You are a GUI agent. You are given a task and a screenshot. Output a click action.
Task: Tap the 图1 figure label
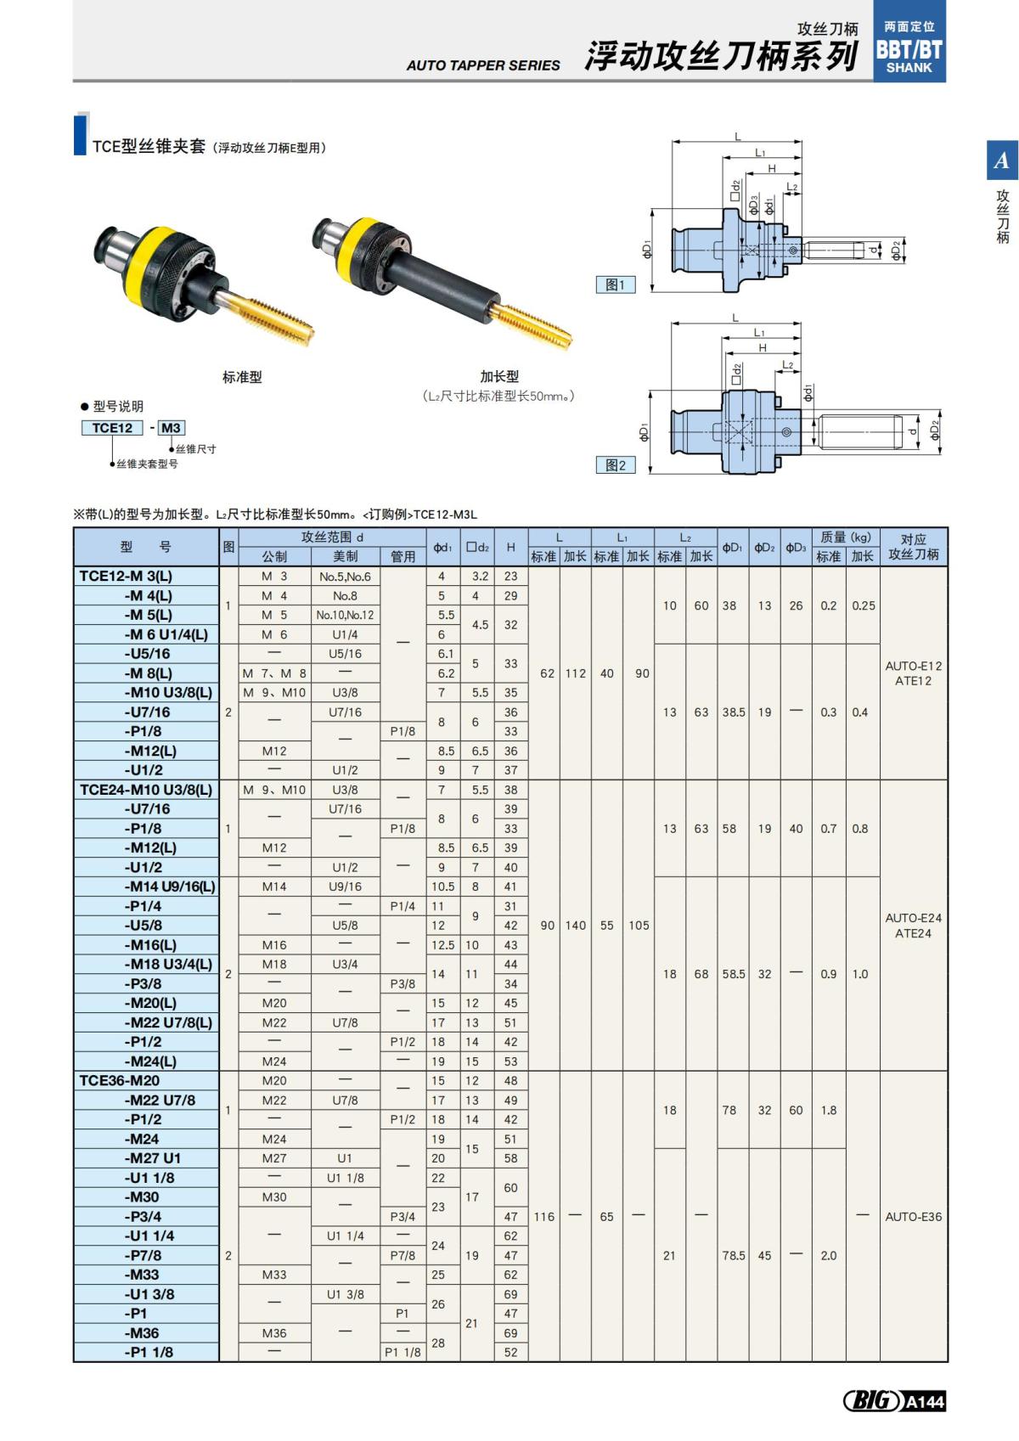[615, 285]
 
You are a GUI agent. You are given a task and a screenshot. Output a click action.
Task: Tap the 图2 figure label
[615, 465]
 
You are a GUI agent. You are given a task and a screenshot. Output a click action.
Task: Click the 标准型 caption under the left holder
[242, 377]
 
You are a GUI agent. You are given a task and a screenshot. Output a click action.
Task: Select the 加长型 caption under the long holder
[499, 376]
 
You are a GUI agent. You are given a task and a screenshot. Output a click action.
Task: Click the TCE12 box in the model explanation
[113, 428]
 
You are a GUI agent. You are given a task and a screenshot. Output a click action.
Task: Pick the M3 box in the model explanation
[171, 428]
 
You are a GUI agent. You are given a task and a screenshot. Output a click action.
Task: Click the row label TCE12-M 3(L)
[146, 576]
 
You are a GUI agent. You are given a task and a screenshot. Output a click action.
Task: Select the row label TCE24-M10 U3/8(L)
[146, 790]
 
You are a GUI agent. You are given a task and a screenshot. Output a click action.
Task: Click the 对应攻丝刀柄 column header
[913, 547]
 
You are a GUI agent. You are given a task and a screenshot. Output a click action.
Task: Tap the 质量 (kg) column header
[845, 538]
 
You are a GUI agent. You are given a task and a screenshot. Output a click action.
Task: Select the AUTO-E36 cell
[913, 1217]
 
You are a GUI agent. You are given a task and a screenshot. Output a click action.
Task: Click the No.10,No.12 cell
[345, 615]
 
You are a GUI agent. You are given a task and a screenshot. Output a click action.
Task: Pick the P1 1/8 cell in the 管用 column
[403, 1353]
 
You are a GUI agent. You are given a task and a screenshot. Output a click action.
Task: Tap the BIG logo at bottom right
[871, 1401]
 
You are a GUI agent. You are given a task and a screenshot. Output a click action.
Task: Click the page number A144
[924, 1402]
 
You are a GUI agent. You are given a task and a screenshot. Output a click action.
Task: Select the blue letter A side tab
[1001, 160]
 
